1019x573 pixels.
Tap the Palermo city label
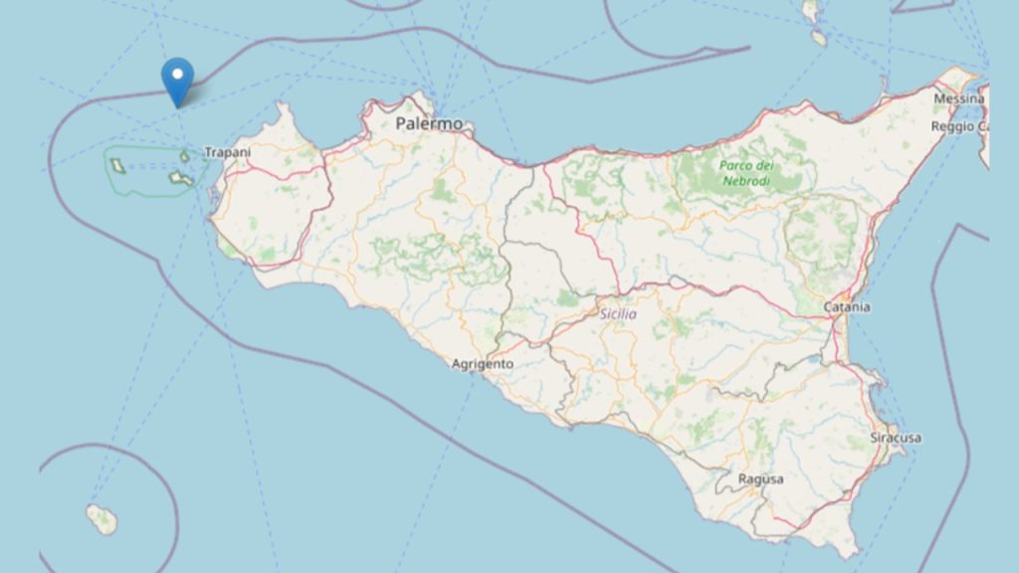(x=429, y=124)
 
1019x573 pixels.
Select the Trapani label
(x=227, y=152)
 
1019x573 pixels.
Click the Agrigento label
(x=483, y=364)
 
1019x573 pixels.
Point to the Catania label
(x=847, y=307)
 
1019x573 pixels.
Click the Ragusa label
(x=760, y=479)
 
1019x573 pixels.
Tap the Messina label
(x=958, y=98)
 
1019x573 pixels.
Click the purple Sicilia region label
(x=618, y=314)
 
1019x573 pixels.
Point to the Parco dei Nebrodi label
(x=745, y=174)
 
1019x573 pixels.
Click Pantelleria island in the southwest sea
(x=102, y=518)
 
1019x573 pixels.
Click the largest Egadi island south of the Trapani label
(x=181, y=178)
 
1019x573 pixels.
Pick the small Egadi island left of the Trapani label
(x=186, y=155)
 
